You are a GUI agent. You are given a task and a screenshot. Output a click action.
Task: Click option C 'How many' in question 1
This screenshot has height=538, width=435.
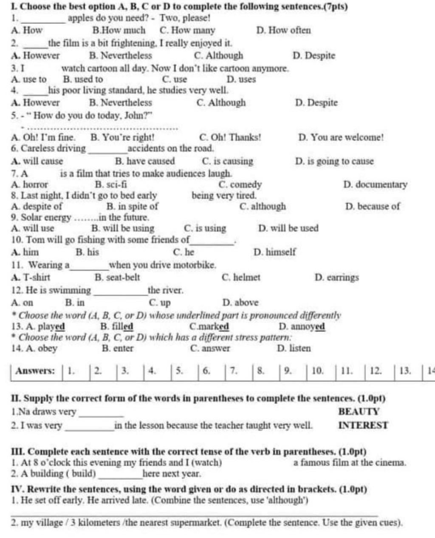coord(187,31)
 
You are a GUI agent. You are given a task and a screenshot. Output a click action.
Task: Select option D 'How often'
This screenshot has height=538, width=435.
coord(284,31)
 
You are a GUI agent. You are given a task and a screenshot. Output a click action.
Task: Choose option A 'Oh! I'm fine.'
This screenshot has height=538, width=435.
coord(44,138)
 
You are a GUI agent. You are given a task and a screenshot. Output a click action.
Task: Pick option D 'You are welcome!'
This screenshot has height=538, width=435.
coord(341,138)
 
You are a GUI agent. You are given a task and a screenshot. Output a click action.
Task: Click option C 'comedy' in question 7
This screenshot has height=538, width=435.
coord(240,185)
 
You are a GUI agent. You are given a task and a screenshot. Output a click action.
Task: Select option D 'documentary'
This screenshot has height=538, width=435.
coord(375,185)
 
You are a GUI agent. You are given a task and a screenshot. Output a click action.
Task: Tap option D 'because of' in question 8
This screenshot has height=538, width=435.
coord(373,207)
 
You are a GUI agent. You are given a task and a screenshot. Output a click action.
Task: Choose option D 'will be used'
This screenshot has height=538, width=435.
coord(288,228)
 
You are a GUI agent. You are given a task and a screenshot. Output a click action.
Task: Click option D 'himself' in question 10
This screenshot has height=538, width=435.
coord(274,252)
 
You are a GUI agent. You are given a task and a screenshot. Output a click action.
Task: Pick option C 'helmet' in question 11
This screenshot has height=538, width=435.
coord(241,277)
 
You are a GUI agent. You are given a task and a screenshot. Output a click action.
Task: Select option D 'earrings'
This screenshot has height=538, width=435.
coord(337,277)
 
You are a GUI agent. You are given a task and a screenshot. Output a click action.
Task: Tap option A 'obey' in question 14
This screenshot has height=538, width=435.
coord(41,348)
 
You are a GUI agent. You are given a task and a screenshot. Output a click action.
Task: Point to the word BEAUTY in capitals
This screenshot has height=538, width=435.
coord(359,411)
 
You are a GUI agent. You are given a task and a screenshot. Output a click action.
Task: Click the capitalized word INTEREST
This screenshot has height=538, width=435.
coord(363,425)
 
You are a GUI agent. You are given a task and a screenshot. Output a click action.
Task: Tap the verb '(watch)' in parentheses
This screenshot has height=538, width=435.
coord(207,463)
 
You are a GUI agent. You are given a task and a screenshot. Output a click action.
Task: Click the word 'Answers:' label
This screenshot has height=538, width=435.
coord(35,371)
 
